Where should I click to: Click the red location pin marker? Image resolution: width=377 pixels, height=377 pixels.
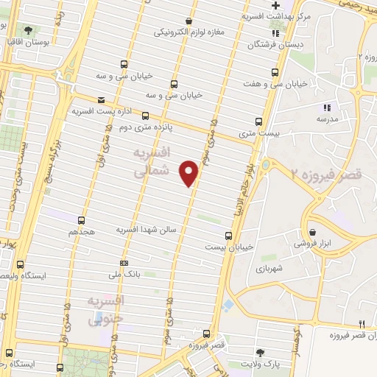190,172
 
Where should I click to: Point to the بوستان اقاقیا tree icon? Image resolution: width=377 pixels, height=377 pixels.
29,31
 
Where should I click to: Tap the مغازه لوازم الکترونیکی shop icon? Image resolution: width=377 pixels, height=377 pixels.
190,21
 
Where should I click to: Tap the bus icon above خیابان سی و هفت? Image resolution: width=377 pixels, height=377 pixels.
275,73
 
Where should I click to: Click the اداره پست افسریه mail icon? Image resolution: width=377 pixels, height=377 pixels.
101,99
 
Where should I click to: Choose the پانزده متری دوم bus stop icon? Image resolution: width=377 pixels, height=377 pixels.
145,116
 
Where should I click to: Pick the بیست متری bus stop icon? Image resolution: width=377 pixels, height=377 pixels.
258,121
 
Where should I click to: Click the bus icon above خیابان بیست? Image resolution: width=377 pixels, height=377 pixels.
228,236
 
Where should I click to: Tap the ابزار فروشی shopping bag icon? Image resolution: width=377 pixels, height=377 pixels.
312,231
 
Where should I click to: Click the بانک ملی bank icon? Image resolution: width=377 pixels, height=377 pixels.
123,263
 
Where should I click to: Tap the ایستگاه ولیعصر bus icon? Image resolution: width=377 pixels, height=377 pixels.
19,264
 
